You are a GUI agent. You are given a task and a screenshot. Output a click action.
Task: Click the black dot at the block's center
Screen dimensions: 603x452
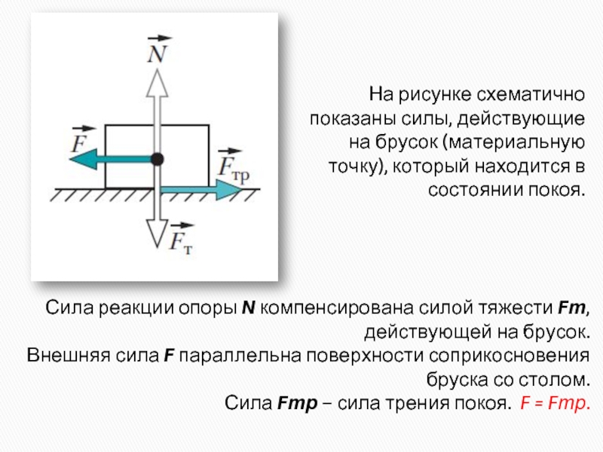(157, 159)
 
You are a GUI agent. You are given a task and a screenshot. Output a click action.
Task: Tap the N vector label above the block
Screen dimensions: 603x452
(158, 50)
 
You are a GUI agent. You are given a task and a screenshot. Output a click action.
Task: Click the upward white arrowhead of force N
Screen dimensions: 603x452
(157, 83)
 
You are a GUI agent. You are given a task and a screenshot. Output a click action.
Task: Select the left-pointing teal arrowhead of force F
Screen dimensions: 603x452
(84, 159)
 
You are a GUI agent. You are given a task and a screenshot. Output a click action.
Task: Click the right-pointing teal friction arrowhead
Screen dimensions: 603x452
(230, 190)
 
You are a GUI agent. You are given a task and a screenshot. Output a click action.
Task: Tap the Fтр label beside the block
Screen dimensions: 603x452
(234, 166)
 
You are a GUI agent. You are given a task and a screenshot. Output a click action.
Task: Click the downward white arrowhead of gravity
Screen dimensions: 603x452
(157, 234)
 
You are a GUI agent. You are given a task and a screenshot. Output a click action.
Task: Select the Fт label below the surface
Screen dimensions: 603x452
(181, 238)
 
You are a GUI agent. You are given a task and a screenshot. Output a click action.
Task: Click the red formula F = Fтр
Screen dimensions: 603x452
(555, 403)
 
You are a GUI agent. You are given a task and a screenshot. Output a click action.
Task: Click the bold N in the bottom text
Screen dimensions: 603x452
(249, 308)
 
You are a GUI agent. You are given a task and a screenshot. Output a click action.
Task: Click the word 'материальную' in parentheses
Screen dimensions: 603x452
(517, 142)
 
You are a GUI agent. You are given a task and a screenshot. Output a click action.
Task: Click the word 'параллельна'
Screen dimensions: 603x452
(240, 356)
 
